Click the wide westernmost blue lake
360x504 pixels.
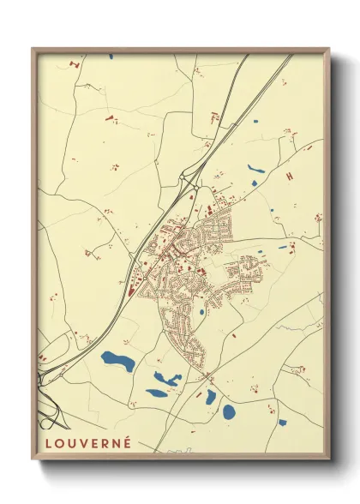117,361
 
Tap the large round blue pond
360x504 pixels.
229,411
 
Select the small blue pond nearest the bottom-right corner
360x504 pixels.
282,422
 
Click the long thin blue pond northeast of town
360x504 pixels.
256,169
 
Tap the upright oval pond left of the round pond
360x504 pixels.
211,396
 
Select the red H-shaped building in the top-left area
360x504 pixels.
75,63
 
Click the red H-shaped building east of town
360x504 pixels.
289,175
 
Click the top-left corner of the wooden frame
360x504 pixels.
33,49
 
